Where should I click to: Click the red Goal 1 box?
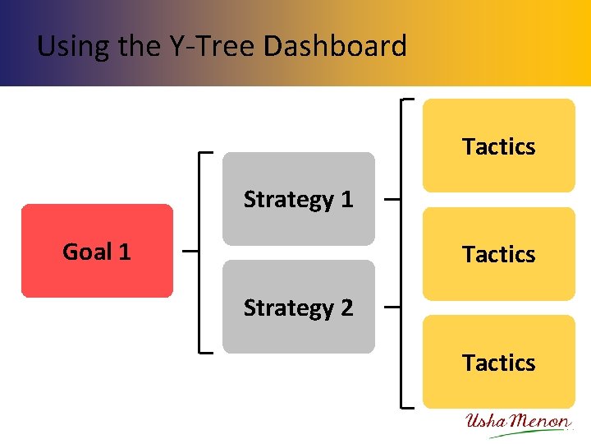(x=97, y=251)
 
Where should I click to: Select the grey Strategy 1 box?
(x=298, y=199)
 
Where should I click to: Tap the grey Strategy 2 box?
(x=298, y=307)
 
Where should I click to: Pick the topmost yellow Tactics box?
(x=498, y=146)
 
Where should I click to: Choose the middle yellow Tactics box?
(x=498, y=254)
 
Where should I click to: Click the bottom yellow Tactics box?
(x=498, y=362)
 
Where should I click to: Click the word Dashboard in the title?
(x=335, y=45)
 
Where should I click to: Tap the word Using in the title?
(x=74, y=45)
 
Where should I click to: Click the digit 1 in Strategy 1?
(x=346, y=199)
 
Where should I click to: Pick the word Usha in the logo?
(x=486, y=423)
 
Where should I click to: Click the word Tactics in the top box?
(x=498, y=146)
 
